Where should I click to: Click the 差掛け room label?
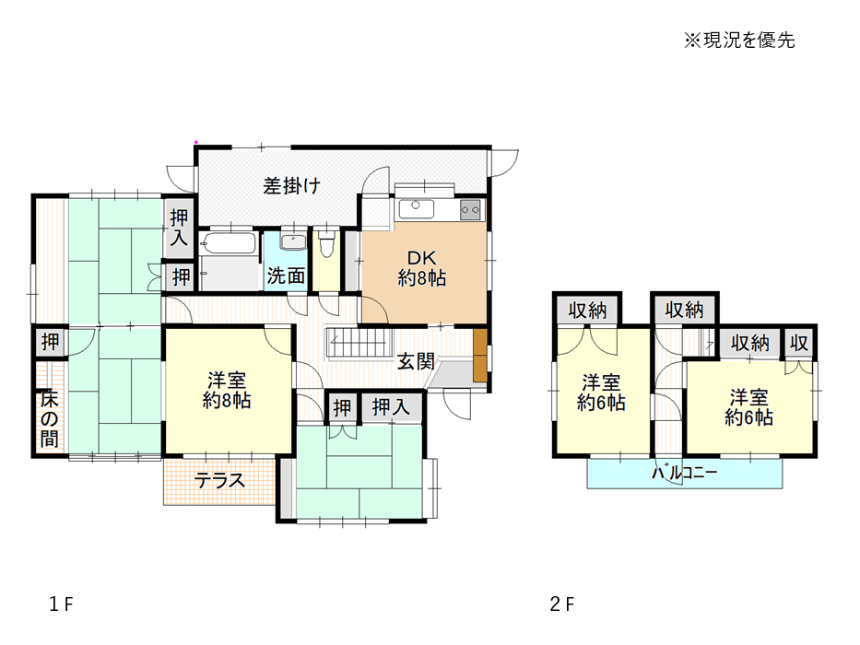point(291,186)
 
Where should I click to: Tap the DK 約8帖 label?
point(422,268)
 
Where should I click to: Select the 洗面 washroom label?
point(286,276)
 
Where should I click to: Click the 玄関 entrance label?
point(416,361)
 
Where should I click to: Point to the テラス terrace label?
point(219,481)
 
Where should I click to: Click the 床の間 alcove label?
point(49,419)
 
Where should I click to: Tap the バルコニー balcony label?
point(684,472)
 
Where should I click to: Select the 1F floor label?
point(61,604)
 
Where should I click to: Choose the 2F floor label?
point(562,604)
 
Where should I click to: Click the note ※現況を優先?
point(738,40)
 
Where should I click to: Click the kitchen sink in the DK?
point(417,208)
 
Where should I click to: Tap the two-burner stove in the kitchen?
point(471,209)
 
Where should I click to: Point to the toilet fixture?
point(327,244)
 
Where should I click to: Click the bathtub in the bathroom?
point(229,243)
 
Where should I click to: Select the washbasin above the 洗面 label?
point(294,241)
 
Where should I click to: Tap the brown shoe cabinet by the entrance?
point(480,355)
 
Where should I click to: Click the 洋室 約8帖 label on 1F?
point(227,391)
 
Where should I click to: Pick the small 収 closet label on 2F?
point(798,344)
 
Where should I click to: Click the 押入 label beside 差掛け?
point(179,228)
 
